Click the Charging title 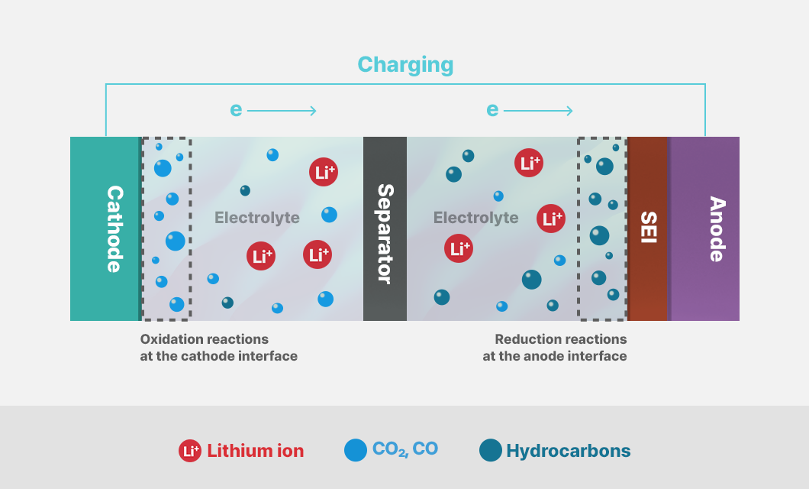(405, 65)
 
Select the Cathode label (114, 228)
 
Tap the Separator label (385, 233)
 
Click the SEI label (648, 227)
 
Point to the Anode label (717, 228)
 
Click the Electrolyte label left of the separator (257, 218)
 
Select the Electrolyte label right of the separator (475, 218)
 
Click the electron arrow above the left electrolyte (282, 111)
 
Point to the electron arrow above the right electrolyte (538, 111)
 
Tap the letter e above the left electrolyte (236, 110)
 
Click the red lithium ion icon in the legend (190, 451)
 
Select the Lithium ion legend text (256, 451)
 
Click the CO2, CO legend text (405, 449)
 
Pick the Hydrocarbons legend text (568, 451)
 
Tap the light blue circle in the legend (356, 450)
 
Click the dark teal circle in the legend (491, 450)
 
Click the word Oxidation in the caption (171, 339)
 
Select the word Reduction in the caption (526, 339)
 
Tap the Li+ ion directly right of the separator (459, 248)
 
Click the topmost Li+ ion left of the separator (324, 172)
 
